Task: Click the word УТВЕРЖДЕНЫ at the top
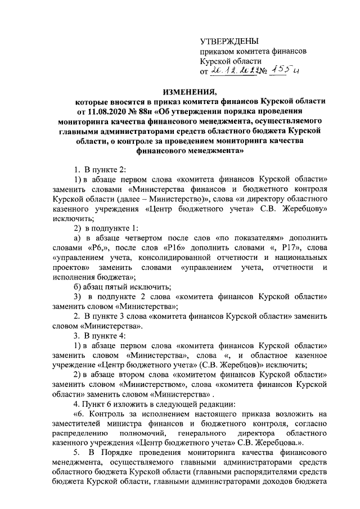tap(230, 40)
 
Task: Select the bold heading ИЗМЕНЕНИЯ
tap(179, 91)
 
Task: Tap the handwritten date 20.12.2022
tap(233, 71)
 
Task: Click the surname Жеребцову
tap(300, 209)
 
